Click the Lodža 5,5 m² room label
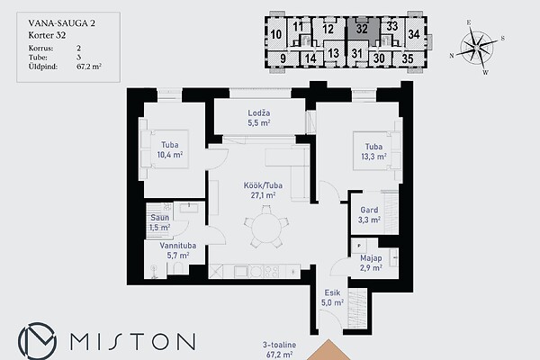(259, 118)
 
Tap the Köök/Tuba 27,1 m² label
(263, 190)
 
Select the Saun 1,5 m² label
(160, 222)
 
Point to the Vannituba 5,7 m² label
(177, 250)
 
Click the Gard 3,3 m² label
(369, 215)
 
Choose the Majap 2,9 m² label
(371, 263)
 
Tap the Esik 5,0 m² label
(332, 298)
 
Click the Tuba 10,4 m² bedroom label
(170, 149)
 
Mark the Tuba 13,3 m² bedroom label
(373, 151)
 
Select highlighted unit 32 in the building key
(363, 29)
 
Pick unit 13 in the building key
(333, 53)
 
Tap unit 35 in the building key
(408, 58)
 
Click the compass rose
(477, 47)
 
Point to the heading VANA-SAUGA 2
(61, 23)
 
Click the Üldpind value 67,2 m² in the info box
(89, 67)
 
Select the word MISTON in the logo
(133, 341)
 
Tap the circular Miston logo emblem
(37, 341)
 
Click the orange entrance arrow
(328, 350)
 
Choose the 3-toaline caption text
(279, 345)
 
